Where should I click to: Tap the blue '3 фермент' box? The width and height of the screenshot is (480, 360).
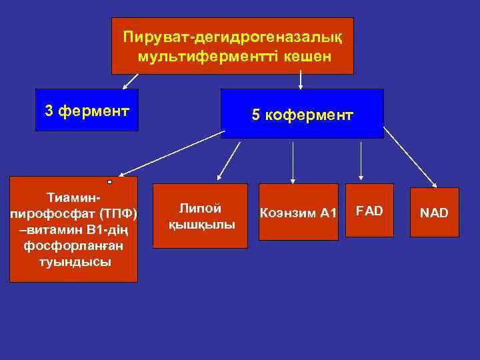click(87, 110)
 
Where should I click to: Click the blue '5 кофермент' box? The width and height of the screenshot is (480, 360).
click(302, 114)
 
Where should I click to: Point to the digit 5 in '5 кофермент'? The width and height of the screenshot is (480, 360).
click(255, 115)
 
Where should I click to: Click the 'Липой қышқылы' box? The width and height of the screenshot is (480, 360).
click(201, 216)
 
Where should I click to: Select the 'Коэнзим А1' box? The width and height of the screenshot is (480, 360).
click(299, 212)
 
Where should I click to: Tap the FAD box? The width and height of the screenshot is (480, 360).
click(369, 211)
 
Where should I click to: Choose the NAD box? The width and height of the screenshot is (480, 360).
click(434, 212)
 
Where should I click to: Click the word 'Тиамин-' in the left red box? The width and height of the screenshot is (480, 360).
click(73, 199)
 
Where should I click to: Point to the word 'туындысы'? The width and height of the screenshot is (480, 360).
click(73, 261)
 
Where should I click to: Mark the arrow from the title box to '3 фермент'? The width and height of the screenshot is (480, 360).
click(131, 81)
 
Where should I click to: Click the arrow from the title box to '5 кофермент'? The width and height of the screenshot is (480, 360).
click(301, 81)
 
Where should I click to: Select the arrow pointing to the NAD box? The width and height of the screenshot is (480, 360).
click(410, 157)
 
